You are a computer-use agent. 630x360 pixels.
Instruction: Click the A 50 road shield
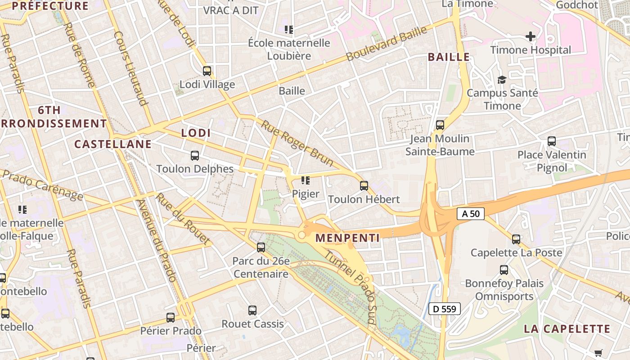coord(471,214)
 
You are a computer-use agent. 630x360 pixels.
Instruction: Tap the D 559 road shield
coord(445,309)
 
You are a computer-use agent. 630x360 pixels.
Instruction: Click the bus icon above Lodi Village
coord(207,71)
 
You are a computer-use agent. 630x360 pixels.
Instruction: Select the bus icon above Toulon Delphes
coord(195,156)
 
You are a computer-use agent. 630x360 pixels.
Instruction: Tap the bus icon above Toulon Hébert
coord(364,185)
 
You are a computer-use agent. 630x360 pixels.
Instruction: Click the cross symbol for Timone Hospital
coord(531,36)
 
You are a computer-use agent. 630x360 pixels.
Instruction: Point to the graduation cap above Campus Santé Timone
coord(502,80)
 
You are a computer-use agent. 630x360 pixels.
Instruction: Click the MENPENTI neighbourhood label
coord(347,238)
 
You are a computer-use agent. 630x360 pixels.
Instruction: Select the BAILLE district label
coord(449,57)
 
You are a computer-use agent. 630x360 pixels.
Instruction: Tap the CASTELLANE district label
coord(112,144)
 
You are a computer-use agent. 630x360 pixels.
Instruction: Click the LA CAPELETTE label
coord(567,329)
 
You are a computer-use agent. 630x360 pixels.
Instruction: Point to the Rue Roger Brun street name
coord(297,143)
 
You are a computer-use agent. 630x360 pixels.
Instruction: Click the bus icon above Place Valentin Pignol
coord(552,141)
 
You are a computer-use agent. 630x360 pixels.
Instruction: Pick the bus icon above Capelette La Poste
coord(516,239)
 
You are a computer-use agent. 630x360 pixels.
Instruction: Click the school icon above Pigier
coord(306,180)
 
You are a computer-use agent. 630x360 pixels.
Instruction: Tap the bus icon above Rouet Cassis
coord(252,310)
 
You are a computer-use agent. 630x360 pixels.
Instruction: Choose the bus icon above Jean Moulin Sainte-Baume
coord(440,125)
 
